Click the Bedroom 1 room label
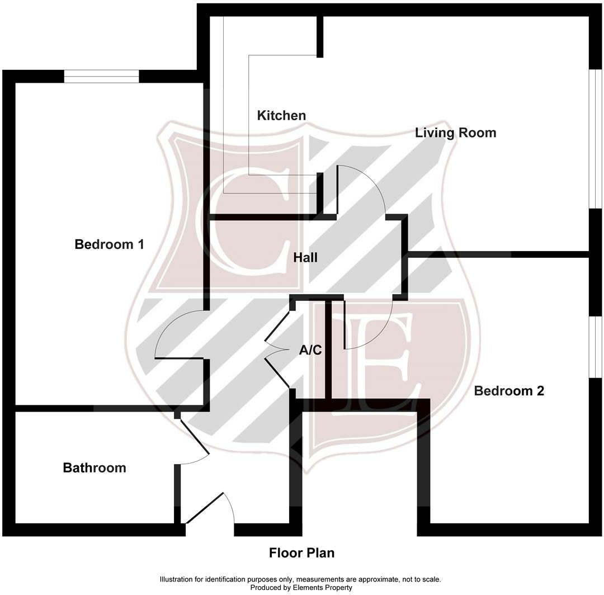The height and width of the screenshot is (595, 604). [x=109, y=244]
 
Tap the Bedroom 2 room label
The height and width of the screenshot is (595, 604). [x=509, y=391]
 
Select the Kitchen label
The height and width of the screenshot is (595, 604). [x=281, y=116]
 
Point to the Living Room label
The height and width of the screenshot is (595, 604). [x=455, y=133]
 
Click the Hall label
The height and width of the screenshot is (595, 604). [x=305, y=258]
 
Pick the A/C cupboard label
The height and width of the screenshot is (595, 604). [x=310, y=351]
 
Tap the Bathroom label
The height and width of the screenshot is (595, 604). [x=95, y=468]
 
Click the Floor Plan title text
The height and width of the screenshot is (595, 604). [x=301, y=553]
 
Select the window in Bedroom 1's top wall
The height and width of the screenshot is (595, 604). [x=101, y=76]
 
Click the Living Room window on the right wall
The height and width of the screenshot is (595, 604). [x=596, y=140]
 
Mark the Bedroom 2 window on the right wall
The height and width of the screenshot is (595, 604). [x=596, y=347]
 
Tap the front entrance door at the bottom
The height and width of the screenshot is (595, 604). [x=210, y=509]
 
